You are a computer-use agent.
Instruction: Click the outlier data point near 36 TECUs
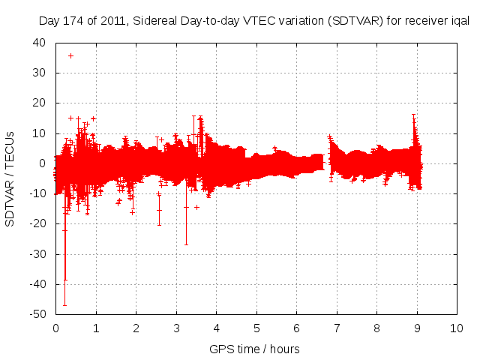tap(70, 55)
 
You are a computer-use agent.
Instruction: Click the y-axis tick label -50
tap(37, 314)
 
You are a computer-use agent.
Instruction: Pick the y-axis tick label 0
tap(43, 163)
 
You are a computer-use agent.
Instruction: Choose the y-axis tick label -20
tap(37, 224)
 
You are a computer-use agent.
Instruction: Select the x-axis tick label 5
tap(256, 328)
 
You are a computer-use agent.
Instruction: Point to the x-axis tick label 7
tap(337, 328)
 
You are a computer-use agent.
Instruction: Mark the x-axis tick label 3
tap(176, 328)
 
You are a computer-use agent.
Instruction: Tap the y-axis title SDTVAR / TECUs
tap(10, 178)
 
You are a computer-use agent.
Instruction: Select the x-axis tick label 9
tap(417, 328)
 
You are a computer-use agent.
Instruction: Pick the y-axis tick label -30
tap(37, 254)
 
